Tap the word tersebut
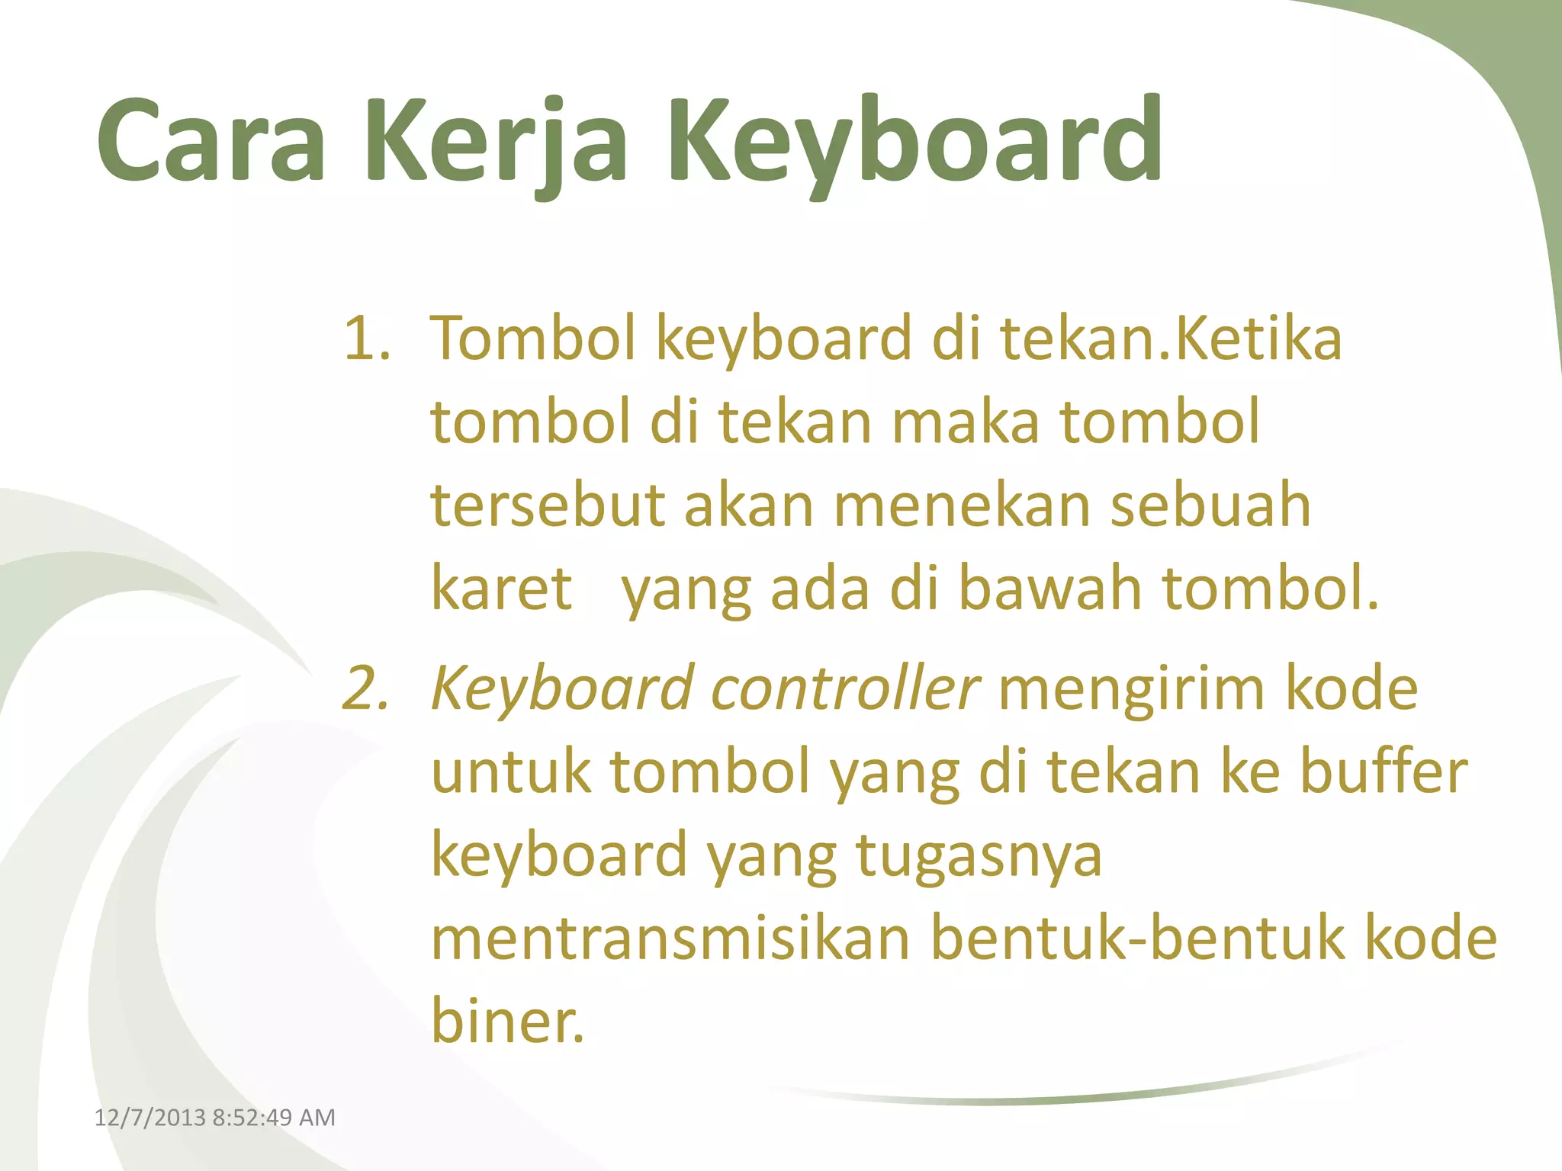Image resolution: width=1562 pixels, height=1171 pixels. coord(548,505)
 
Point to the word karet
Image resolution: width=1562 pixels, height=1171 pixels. coord(501,589)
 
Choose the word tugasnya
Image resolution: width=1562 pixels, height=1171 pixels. coord(979,855)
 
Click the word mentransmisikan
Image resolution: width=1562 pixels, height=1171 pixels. coord(670,938)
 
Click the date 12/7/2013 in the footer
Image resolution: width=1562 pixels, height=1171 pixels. coord(149,1118)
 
